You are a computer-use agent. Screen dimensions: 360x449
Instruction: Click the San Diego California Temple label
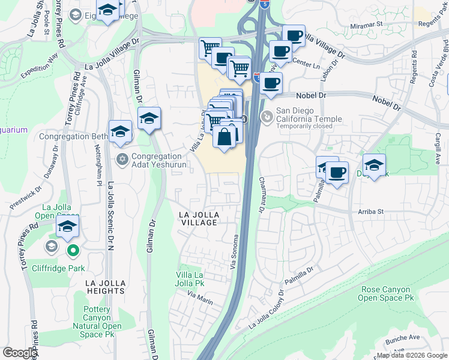tap(309, 114)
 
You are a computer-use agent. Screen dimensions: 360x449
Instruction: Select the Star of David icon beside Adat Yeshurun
tap(122, 159)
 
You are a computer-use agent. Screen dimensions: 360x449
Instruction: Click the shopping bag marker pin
tap(224, 136)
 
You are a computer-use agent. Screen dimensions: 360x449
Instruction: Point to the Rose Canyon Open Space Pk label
tap(387, 293)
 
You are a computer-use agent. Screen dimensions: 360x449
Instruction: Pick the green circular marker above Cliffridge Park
tap(73, 251)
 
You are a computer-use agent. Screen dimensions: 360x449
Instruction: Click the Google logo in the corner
tap(20, 352)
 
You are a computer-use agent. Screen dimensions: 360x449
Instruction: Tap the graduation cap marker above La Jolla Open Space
tap(67, 227)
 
